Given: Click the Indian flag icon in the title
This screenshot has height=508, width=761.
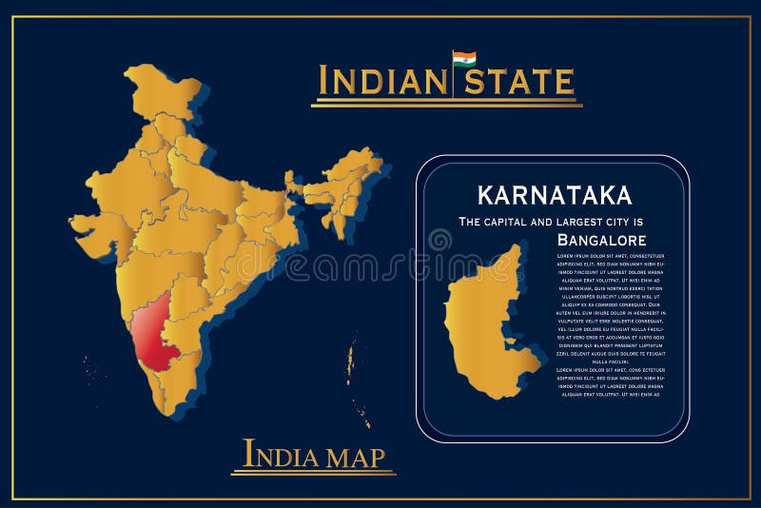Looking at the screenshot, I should (464, 59).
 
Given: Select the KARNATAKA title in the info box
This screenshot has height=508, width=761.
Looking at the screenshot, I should (555, 195).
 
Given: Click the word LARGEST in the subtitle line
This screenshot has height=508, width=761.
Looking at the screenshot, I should (607, 221).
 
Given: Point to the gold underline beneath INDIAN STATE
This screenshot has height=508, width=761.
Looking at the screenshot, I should (446, 103).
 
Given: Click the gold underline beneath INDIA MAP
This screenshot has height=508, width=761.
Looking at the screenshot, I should (313, 473).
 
